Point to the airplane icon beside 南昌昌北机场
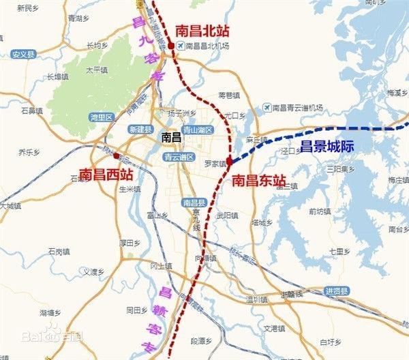[180, 46]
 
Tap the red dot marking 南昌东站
[230, 162]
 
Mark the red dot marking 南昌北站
[171, 45]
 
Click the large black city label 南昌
[172, 138]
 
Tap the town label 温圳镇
[257, 299]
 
